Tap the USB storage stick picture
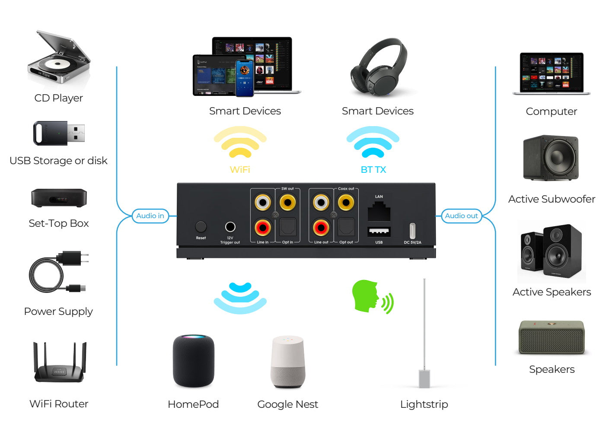(x=59, y=133)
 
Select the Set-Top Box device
(x=59, y=198)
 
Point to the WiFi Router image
(x=59, y=363)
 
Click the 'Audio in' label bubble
(x=150, y=216)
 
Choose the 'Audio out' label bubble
(x=461, y=216)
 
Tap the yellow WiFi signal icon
(x=240, y=143)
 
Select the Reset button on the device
(x=201, y=226)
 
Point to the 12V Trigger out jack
(x=230, y=227)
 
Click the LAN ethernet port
(x=379, y=212)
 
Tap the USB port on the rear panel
(x=379, y=232)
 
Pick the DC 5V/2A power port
(x=412, y=230)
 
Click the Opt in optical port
(x=288, y=227)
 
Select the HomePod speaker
(x=193, y=361)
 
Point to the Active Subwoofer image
(x=551, y=158)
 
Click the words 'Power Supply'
(x=58, y=311)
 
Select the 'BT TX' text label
(x=373, y=170)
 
